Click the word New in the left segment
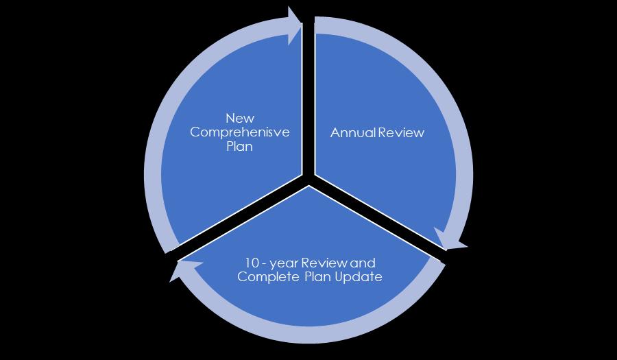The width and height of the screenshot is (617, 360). pos(239,118)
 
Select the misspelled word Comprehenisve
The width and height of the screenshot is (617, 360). pos(239,132)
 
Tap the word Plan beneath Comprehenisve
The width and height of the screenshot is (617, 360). pos(239,147)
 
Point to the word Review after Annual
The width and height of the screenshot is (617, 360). pos(400,133)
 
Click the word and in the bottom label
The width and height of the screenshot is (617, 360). pos(363,263)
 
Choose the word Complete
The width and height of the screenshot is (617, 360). pos(263,277)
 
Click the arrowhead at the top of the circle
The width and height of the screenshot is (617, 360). pos(295,26)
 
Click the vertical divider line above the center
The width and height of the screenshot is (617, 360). pos(308,103)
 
